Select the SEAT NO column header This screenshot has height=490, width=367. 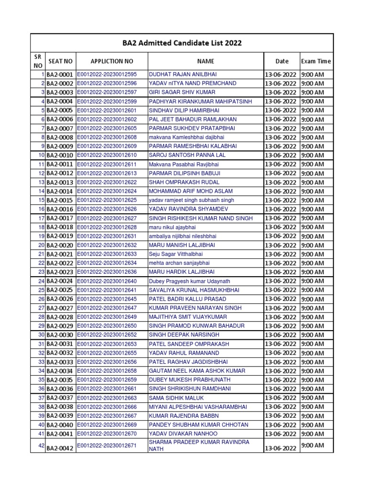point(61,61)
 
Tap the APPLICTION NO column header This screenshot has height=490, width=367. point(112,61)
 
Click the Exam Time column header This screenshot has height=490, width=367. point(316,61)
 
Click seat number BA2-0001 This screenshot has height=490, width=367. point(60,75)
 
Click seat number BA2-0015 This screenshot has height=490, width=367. point(60,200)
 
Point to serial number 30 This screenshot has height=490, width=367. point(41,335)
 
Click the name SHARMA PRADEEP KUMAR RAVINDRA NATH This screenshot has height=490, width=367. point(199,445)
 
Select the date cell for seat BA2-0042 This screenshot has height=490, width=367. point(281,449)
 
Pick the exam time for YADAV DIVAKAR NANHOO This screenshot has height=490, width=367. point(313,434)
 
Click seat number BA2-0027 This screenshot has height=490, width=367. point(60,308)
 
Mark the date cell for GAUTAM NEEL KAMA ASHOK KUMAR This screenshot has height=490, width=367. point(281,371)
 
